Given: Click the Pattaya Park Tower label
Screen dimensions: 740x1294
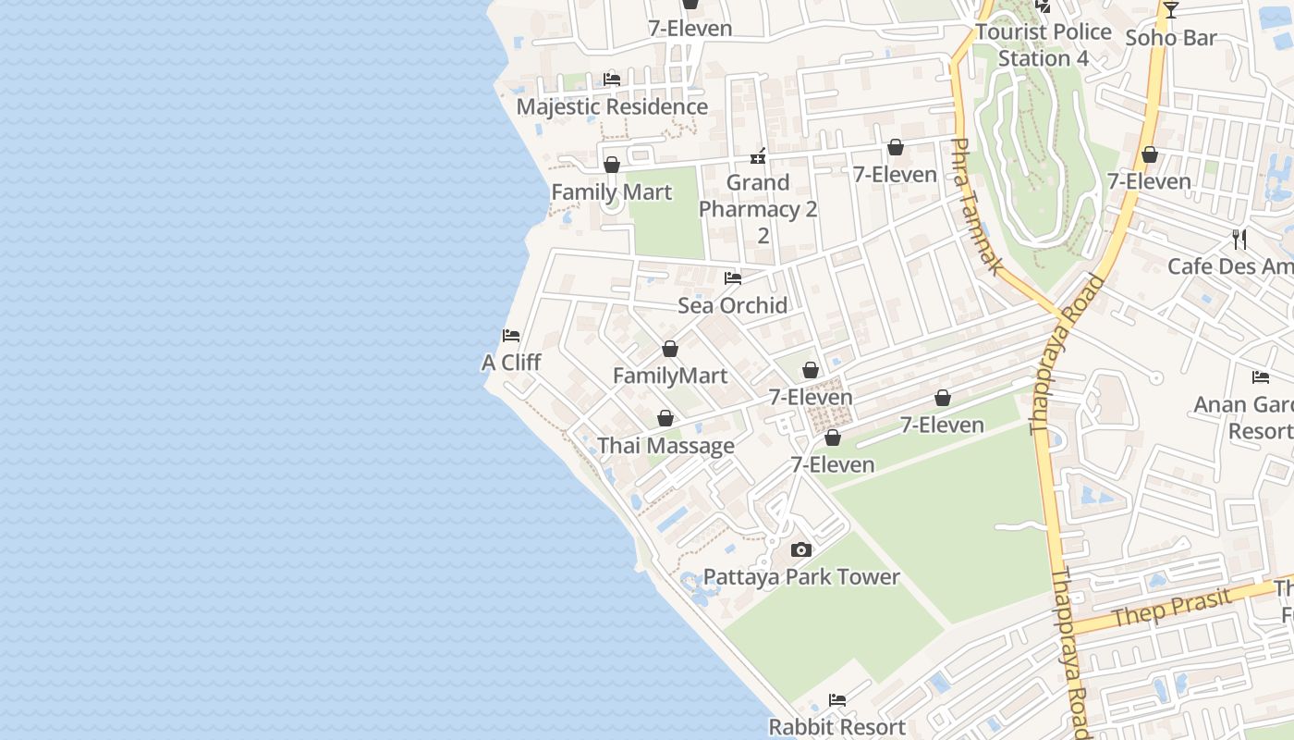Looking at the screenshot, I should [801, 577].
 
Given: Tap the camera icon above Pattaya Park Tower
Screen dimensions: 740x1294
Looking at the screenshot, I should [801, 550].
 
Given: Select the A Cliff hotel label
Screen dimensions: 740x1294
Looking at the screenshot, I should [511, 363].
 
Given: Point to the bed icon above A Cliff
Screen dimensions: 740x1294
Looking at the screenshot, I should [511, 336].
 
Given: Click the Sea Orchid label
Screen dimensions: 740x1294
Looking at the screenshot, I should [733, 305].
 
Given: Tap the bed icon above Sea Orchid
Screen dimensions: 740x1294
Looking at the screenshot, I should [733, 277].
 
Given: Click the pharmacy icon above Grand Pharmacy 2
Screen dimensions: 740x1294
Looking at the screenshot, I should [758, 155].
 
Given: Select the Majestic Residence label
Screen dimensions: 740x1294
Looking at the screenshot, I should [612, 106].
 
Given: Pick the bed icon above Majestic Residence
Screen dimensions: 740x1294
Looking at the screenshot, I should [612, 80].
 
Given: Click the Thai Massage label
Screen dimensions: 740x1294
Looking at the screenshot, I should [665, 446].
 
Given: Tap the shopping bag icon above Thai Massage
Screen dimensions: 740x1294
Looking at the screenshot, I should [665, 419].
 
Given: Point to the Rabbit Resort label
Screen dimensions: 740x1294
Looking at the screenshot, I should [837, 727].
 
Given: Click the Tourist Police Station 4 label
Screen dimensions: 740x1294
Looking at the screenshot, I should [1044, 44].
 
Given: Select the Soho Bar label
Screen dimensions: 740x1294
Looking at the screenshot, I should [1171, 38].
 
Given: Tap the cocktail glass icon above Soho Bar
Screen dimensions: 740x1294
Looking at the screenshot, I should [1171, 10].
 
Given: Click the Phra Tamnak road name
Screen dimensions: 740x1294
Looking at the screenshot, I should [975, 206].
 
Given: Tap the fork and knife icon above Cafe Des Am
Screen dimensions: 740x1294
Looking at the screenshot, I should [1239, 240].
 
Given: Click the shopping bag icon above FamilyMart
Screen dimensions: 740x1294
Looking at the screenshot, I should [670, 350].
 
